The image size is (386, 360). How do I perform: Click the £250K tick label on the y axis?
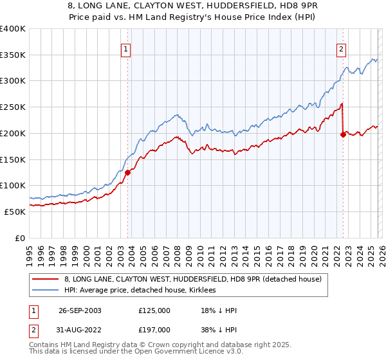coord(13,107)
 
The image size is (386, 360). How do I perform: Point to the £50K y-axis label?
coord(15,212)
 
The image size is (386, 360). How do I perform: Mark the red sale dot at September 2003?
coord(128,172)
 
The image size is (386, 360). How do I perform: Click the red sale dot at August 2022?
coord(342,134)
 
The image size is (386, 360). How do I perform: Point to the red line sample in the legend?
coord(46,279)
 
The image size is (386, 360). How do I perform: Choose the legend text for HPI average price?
coord(140,291)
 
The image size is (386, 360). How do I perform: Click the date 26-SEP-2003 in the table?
coord(80,310)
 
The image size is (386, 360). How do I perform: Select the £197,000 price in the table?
coord(154,330)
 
